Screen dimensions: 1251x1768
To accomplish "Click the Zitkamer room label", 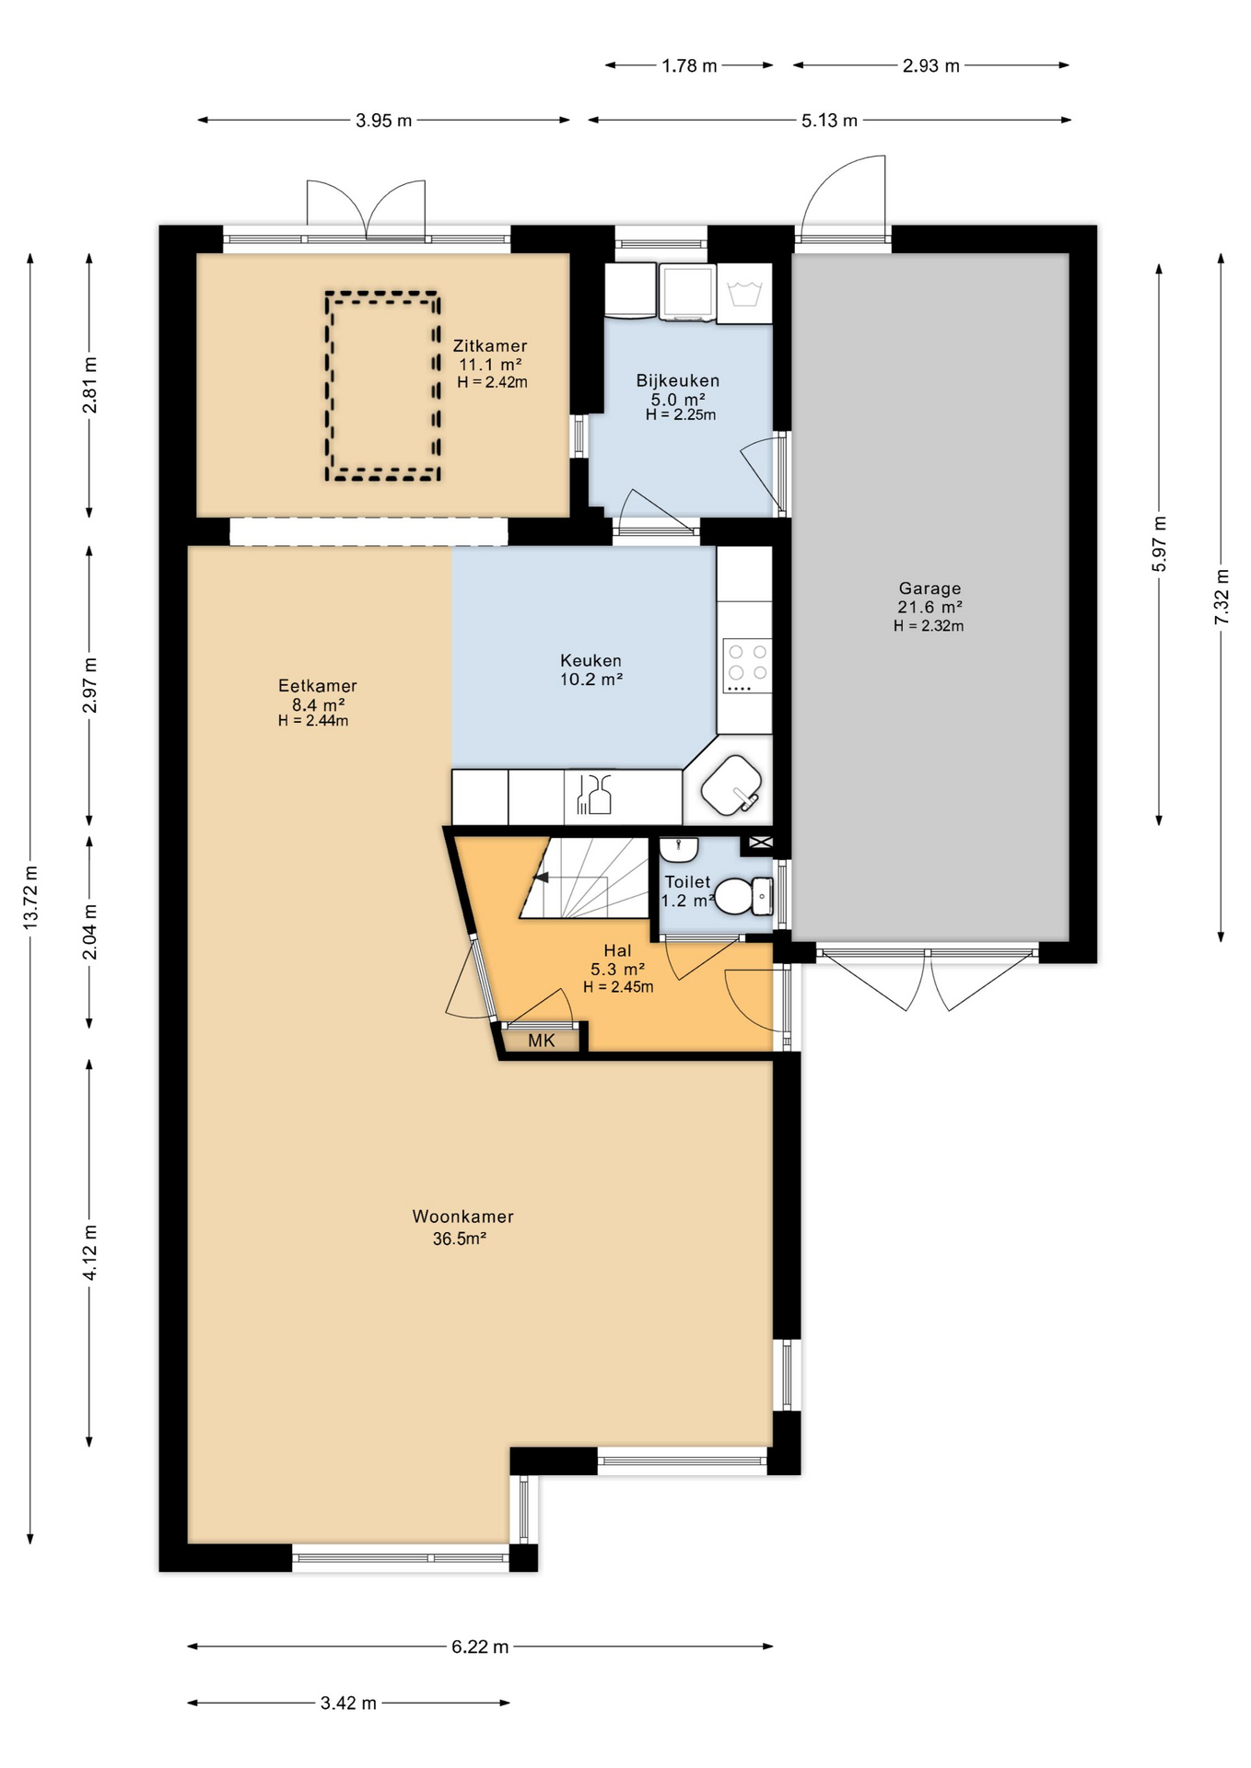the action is pos(490,346).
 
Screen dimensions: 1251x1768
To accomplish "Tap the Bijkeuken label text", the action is pos(678,380).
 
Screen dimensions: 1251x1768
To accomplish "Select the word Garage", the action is pos(929,588).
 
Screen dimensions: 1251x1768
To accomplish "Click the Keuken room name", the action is pos(590,660).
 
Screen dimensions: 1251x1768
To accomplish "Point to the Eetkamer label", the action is pos(318,686).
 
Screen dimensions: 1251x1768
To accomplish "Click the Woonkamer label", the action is pos(462,1216).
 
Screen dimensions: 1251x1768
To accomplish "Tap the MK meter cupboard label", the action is pos(542,1041).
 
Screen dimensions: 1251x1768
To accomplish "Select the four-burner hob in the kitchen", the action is pos(747,666).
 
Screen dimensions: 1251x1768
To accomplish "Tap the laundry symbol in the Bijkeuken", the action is pos(743,295).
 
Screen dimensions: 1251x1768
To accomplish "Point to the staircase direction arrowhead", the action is pos(542,878).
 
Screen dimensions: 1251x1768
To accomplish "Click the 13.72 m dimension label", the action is pos(30,897).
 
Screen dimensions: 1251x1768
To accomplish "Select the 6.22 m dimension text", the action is pos(480,1646).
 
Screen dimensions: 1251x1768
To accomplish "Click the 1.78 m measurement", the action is pos(689,65).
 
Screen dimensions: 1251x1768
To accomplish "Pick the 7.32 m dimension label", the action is pos(1222,597).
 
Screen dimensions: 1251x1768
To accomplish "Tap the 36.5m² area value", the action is pos(460,1239).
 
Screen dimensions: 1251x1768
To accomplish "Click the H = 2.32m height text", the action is pos(929,626).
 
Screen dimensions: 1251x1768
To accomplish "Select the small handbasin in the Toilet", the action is pos(679,848).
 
